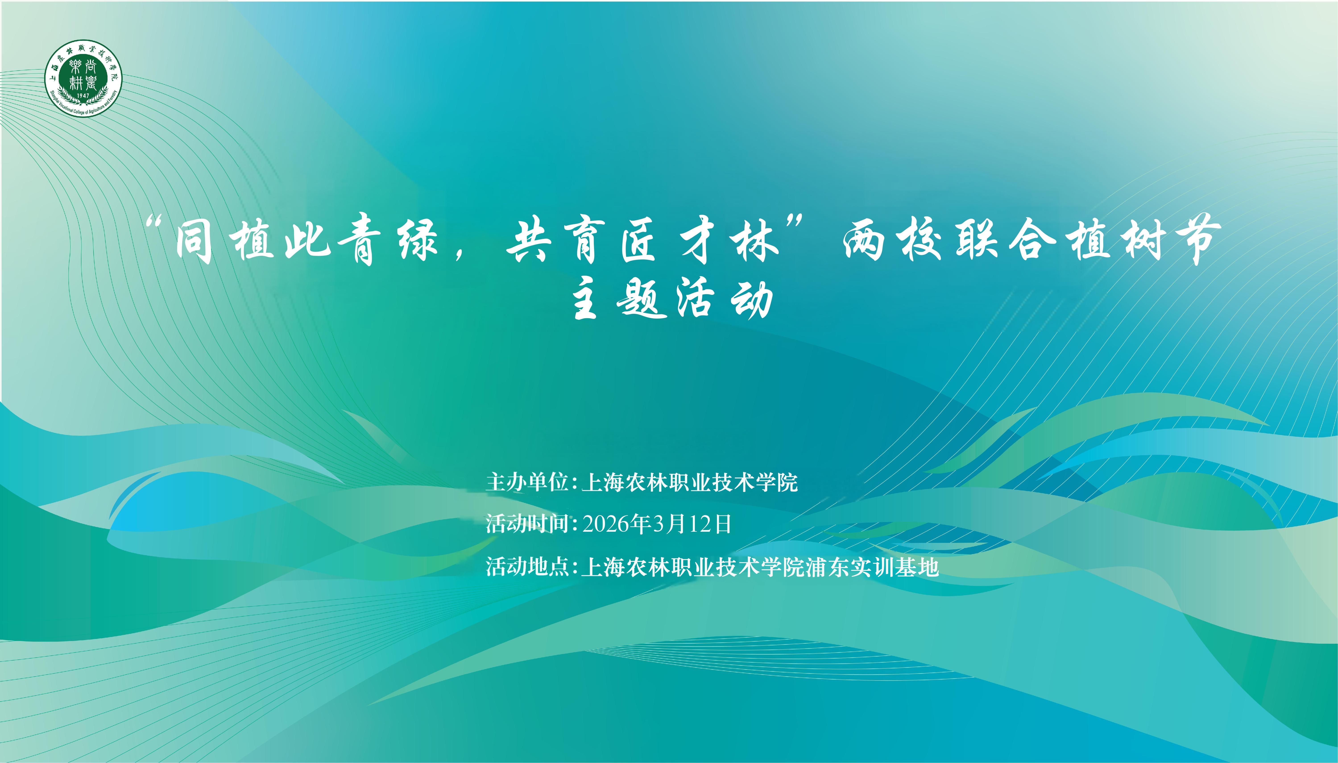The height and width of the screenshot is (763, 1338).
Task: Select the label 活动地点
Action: [x=527, y=566]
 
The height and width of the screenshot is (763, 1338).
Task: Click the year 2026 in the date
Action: [x=605, y=524]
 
